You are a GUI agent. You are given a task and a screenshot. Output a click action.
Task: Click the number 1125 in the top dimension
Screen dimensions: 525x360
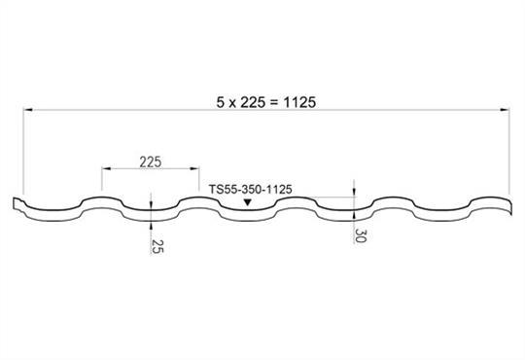(299, 102)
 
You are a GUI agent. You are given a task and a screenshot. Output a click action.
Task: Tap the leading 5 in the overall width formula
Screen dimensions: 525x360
(220, 102)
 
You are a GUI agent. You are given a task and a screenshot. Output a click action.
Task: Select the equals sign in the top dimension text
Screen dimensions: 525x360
(274, 102)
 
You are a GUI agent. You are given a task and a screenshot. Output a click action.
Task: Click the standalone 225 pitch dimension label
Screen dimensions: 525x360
(151, 162)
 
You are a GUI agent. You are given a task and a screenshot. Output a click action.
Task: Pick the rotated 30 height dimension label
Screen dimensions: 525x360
(361, 235)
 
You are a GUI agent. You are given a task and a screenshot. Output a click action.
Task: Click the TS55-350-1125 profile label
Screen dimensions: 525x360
(251, 190)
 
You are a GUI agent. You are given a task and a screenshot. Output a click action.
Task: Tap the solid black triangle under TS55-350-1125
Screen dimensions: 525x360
(248, 202)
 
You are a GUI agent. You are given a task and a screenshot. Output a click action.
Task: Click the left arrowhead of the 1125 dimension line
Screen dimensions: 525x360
(28, 109)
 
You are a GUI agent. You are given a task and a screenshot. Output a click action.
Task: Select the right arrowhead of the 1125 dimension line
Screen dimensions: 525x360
(505, 109)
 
